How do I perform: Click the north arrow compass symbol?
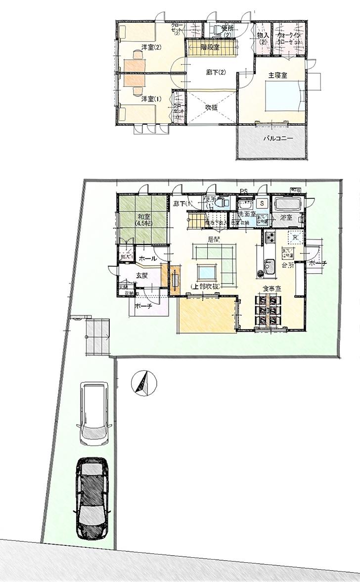click(x=143, y=383)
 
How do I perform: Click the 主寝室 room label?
click(x=278, y=75)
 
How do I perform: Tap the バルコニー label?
click(x=277, y=139)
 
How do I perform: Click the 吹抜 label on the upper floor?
click(x=212, y=105)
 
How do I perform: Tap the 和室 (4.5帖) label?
click(x=144, y=219)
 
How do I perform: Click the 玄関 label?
click(x=141, y=276)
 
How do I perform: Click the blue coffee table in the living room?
click(x=206, y=272)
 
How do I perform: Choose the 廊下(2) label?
click(x=216, y=72)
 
